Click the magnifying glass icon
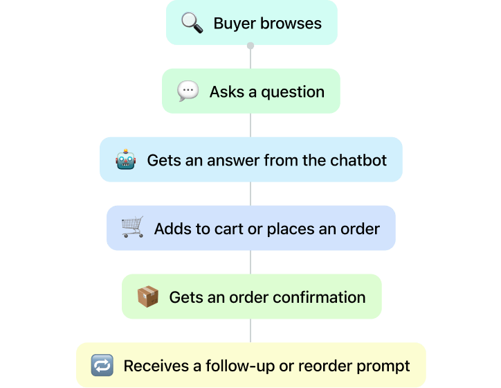click(x=192, y=23)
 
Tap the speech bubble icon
click(x=188, y=91)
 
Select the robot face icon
click(x=125, y=160)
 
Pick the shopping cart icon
click(x=132, y=228)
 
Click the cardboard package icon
click(x=147, y=297)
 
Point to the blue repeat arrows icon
click(x=102, y=365)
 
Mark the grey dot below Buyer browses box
click(x=250, y=46)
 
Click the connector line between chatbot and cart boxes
click(x=250, y=193)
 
